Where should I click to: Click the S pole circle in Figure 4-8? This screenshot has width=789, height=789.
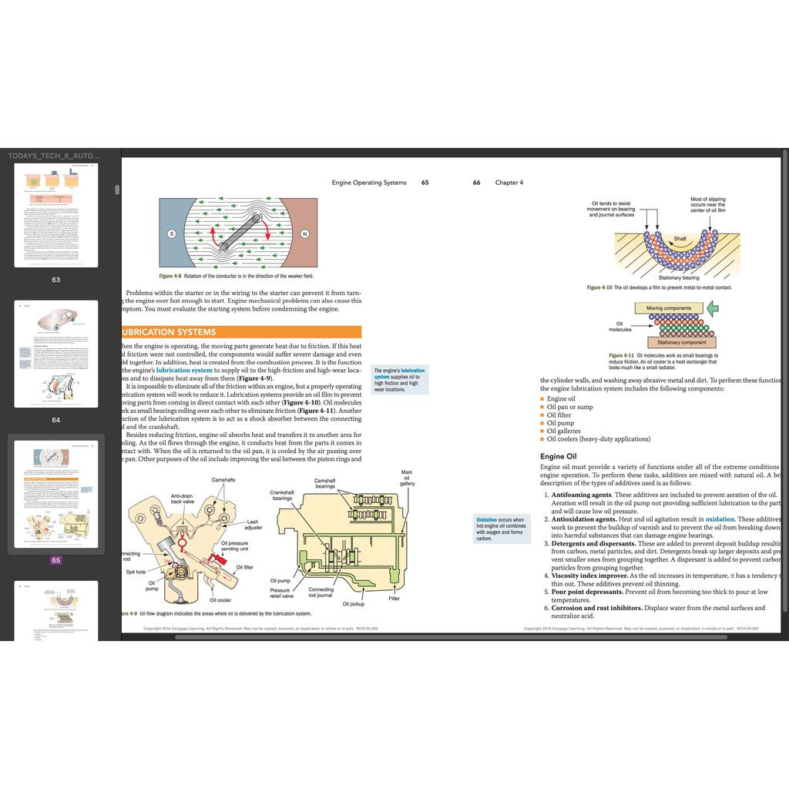(x=170, y=233)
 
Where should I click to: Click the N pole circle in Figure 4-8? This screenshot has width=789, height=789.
(x=304, y=233)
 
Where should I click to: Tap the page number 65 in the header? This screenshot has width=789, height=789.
(x=425, y=183)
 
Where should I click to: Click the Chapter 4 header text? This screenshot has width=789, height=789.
(x=509, y=183)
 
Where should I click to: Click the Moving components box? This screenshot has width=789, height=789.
(x=668, y=308)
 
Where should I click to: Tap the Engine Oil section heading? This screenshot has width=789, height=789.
(x=564, y=456)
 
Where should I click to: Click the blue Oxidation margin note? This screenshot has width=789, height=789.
(x=502, y=529)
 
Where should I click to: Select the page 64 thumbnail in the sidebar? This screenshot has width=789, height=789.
(x=56, y=354)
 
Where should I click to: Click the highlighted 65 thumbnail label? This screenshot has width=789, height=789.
(x=55, y=560)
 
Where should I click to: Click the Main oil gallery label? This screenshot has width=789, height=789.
(x=407, y=478)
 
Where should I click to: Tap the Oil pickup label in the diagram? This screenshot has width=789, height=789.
(x=353, y=603)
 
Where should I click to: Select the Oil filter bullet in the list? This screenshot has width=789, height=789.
(x=560, y=415)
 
